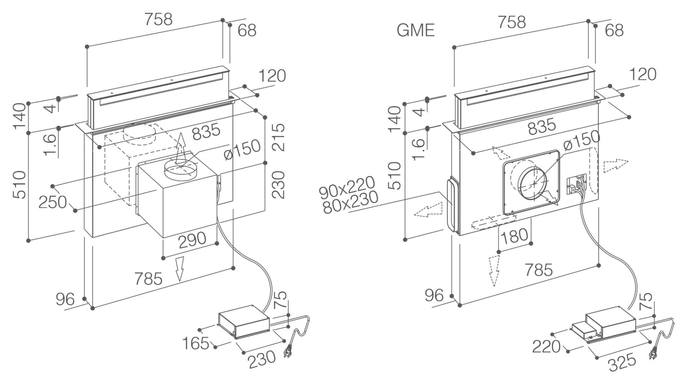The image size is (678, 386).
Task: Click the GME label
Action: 416,30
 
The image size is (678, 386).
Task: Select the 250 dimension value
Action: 53,202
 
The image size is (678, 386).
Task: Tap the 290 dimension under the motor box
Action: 192,240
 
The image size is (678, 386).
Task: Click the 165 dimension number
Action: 196,343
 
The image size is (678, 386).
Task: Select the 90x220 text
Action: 346,188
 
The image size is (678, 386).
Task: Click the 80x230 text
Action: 351,203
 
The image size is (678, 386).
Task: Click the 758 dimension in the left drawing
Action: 158,19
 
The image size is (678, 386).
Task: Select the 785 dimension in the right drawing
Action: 539,270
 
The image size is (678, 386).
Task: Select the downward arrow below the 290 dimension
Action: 180,269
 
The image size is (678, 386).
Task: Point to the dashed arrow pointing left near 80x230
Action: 428,210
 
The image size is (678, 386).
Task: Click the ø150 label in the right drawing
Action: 582,140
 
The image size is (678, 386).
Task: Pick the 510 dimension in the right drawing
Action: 396,176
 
